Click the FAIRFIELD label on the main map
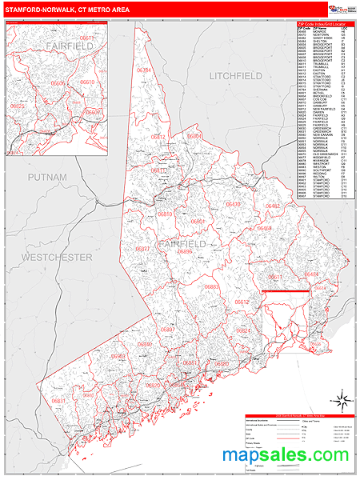(181, 243)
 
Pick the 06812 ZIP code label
(158, 137)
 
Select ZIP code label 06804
(195, 137)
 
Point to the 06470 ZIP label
(232, 205)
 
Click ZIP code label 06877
(142, 250)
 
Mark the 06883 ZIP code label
(211, 286)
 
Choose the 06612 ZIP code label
(242, 302)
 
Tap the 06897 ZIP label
(168, 329)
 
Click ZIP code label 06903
(118, 356)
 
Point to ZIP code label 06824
(244, 330)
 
